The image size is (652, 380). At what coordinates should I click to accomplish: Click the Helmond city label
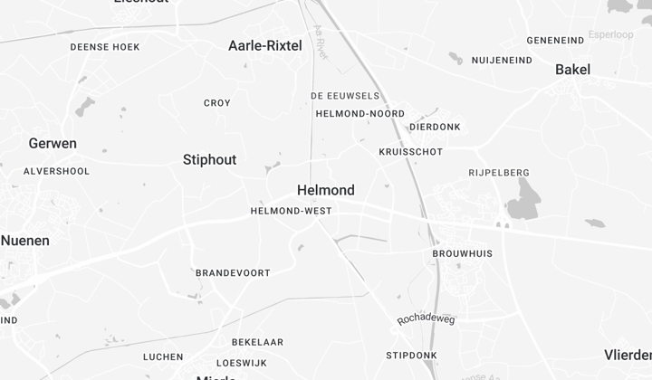[326, 190]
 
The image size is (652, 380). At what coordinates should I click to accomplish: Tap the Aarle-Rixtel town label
[264, 45]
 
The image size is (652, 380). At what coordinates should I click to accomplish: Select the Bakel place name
[572, 70]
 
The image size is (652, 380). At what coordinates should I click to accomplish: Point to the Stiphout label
[209, 160]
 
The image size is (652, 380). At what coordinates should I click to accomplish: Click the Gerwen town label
[53, 143]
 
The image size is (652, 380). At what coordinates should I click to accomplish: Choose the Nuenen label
[25, 241]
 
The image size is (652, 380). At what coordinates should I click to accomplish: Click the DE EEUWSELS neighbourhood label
[345, 95]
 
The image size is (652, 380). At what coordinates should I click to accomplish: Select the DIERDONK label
[435, 128]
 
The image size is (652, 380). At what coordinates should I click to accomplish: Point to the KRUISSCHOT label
[411, 152]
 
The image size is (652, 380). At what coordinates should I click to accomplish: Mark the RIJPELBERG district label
[499, 173]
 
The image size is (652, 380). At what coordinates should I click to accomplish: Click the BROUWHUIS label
[463, 253]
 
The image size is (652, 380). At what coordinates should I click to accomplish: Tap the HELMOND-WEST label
[291, 211]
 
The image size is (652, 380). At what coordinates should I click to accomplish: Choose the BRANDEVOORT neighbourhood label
[233, 272]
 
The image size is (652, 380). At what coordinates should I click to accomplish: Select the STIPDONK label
[411, 355]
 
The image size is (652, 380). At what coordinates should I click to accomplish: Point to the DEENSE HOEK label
[105, 47]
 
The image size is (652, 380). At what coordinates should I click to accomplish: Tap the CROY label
[217, 103]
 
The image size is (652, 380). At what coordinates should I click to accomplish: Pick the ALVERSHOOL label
[56, 171]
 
